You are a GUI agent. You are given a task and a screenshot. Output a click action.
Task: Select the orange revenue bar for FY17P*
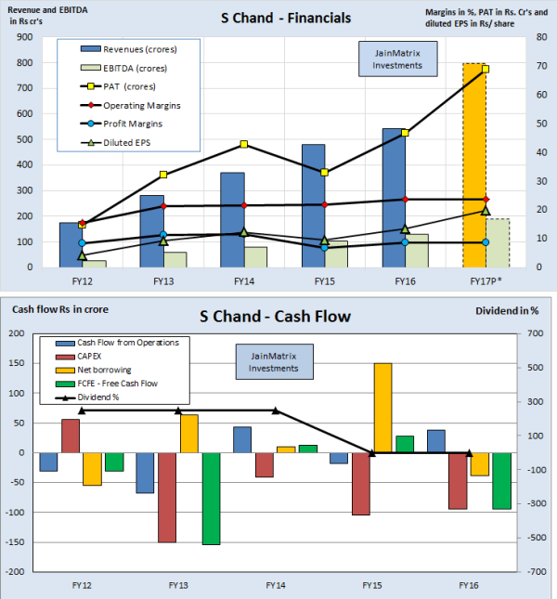(474, 167)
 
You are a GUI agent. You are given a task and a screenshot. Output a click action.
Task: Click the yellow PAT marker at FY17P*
(486, 69)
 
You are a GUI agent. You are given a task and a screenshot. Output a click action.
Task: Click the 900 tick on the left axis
(21, 37)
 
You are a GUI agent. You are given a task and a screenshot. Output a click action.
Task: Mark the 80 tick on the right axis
(541, 37)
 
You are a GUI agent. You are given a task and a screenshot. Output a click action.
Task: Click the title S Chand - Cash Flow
(275, 317)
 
